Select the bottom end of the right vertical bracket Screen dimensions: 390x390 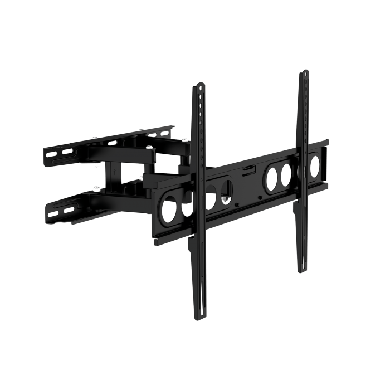(300, 272)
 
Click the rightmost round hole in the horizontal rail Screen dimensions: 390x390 (315, 165)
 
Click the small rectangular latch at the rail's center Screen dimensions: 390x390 (245, 168)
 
